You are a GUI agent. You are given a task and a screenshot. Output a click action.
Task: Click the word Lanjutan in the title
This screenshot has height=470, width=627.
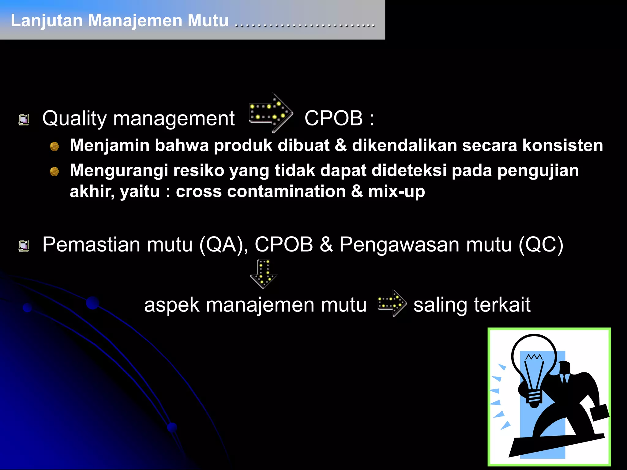(x=47, y=21)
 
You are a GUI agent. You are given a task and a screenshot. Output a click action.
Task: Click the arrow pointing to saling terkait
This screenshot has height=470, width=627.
(x=392, y=303)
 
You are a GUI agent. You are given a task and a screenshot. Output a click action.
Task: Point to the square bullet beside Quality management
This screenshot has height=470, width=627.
(x=24, y=120)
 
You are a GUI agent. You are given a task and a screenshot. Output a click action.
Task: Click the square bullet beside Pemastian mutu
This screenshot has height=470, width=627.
(x=24, y=246)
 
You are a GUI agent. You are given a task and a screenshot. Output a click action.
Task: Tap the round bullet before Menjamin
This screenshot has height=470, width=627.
(x=54, y=147)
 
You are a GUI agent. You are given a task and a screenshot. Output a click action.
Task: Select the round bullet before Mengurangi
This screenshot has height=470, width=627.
(x=54, y=171)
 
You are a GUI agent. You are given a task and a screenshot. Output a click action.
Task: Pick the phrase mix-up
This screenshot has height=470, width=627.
(x=396, y=192)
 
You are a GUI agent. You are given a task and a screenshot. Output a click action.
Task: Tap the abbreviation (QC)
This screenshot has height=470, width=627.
(x=541, y=244)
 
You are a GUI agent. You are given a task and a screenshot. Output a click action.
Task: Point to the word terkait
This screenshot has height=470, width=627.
(x=502, y=305)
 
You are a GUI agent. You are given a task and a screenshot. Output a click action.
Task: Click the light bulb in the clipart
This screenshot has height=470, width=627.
(x=534, y=367)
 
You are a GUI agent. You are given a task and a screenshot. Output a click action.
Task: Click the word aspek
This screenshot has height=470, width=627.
(x=171, y=305)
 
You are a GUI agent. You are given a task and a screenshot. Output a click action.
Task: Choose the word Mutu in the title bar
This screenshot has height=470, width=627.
(x=208, y=21)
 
